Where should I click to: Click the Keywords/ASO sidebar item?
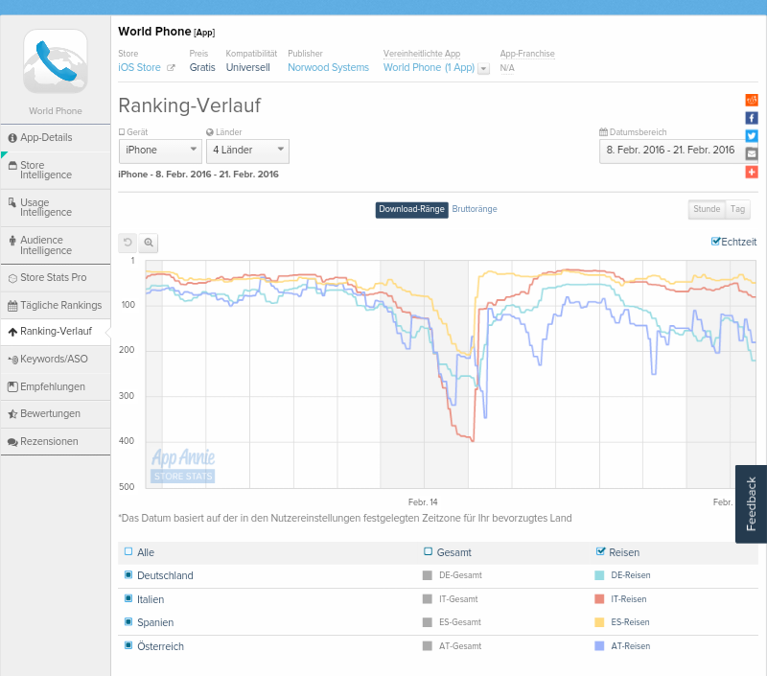[x=54, y=360]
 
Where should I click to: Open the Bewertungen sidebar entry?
[x=50, y=414]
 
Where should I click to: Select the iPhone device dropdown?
[x=160, y=151]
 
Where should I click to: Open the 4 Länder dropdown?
[x=247, y=151]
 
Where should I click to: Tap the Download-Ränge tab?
[x=411, y=209]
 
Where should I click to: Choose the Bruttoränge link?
[x=475, y=209]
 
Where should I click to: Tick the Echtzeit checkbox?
[x=715, y=242]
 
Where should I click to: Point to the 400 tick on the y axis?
[x=127, y=441]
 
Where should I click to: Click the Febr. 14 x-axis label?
[x=423, y=502]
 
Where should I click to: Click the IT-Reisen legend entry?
[x=628, y=599]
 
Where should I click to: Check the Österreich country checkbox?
[x=128, y=646]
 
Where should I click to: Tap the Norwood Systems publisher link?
[x=328, y=68]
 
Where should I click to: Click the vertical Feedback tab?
[x=751, y=504]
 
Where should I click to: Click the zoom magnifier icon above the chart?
[x=149, y=243]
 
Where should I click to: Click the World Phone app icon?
[x=55, y=60]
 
